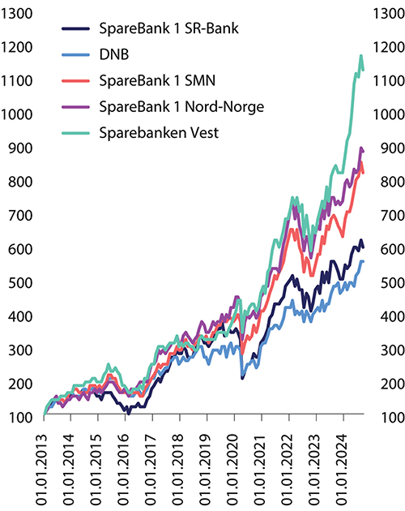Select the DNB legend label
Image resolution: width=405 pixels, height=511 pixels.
(x=113, y=55)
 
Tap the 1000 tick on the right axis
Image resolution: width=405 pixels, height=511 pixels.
(x=386, y=114)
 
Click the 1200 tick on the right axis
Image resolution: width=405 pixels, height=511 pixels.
(x=386, y=47)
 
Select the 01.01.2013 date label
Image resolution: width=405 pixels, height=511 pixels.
(x=44, y=467)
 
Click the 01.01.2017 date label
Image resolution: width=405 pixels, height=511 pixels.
(x=151, y=467)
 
